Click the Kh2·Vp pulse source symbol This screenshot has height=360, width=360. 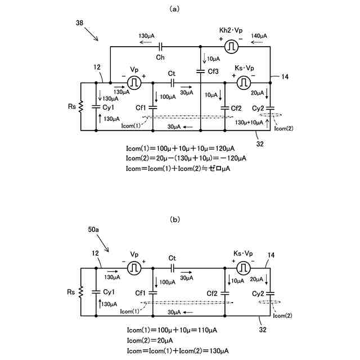[231, 47]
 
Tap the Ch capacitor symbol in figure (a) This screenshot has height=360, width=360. [160, 47]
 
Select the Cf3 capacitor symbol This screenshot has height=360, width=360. [200, 71]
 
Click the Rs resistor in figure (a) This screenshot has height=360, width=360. [80, 107]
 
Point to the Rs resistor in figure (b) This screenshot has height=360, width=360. [80, 292]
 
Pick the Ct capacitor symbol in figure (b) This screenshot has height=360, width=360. [173, 268]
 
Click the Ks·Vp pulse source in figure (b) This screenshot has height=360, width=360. [244, 268]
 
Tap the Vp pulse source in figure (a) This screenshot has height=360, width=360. [134, 83]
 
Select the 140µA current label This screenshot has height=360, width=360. [259, 36]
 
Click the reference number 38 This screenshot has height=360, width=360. [79, 22]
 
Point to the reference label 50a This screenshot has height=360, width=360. [93, 229]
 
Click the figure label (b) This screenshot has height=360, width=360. [175, 219]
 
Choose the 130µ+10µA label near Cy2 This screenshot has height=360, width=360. [249, 123]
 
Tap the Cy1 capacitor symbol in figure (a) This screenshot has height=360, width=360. [96, 107]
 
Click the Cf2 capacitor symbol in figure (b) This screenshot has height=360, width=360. [225, 293]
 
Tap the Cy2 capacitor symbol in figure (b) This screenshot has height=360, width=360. [270, 293]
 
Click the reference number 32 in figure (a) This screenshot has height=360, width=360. [260, 144]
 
